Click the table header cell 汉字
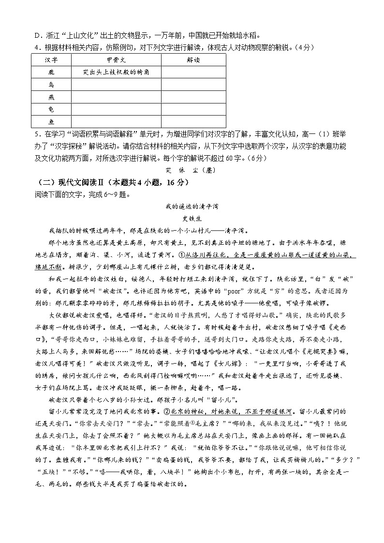click(51, 59)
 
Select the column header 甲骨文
click(116, 59)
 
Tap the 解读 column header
click(193, 59)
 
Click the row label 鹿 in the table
click(51, 72)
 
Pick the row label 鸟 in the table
click(51, 85)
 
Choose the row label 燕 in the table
click(51, 97)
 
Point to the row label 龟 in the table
click(51, 110)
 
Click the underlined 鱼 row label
click(51, 122)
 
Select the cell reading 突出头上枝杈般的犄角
click(116, 72)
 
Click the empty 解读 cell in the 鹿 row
click(193, 72)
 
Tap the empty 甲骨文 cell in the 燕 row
click(116, 97)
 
